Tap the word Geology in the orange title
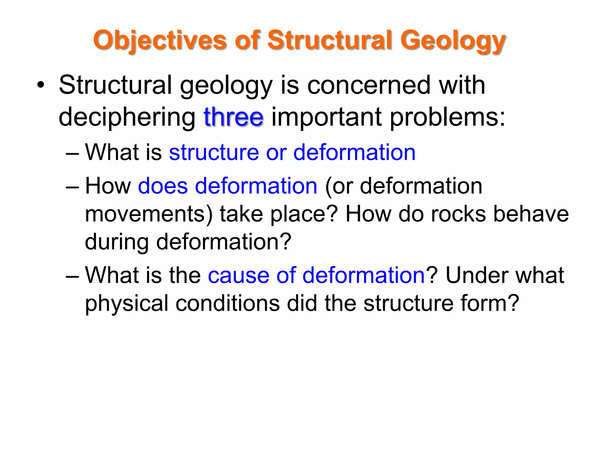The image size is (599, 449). point(453,40)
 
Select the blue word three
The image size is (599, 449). point(233,117)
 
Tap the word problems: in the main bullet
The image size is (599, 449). point(447,117)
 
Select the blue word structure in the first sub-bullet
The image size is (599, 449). point(214,152)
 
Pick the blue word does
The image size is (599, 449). point(163,186)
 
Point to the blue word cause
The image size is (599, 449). point(238,275)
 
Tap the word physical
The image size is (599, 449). point(126,303)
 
